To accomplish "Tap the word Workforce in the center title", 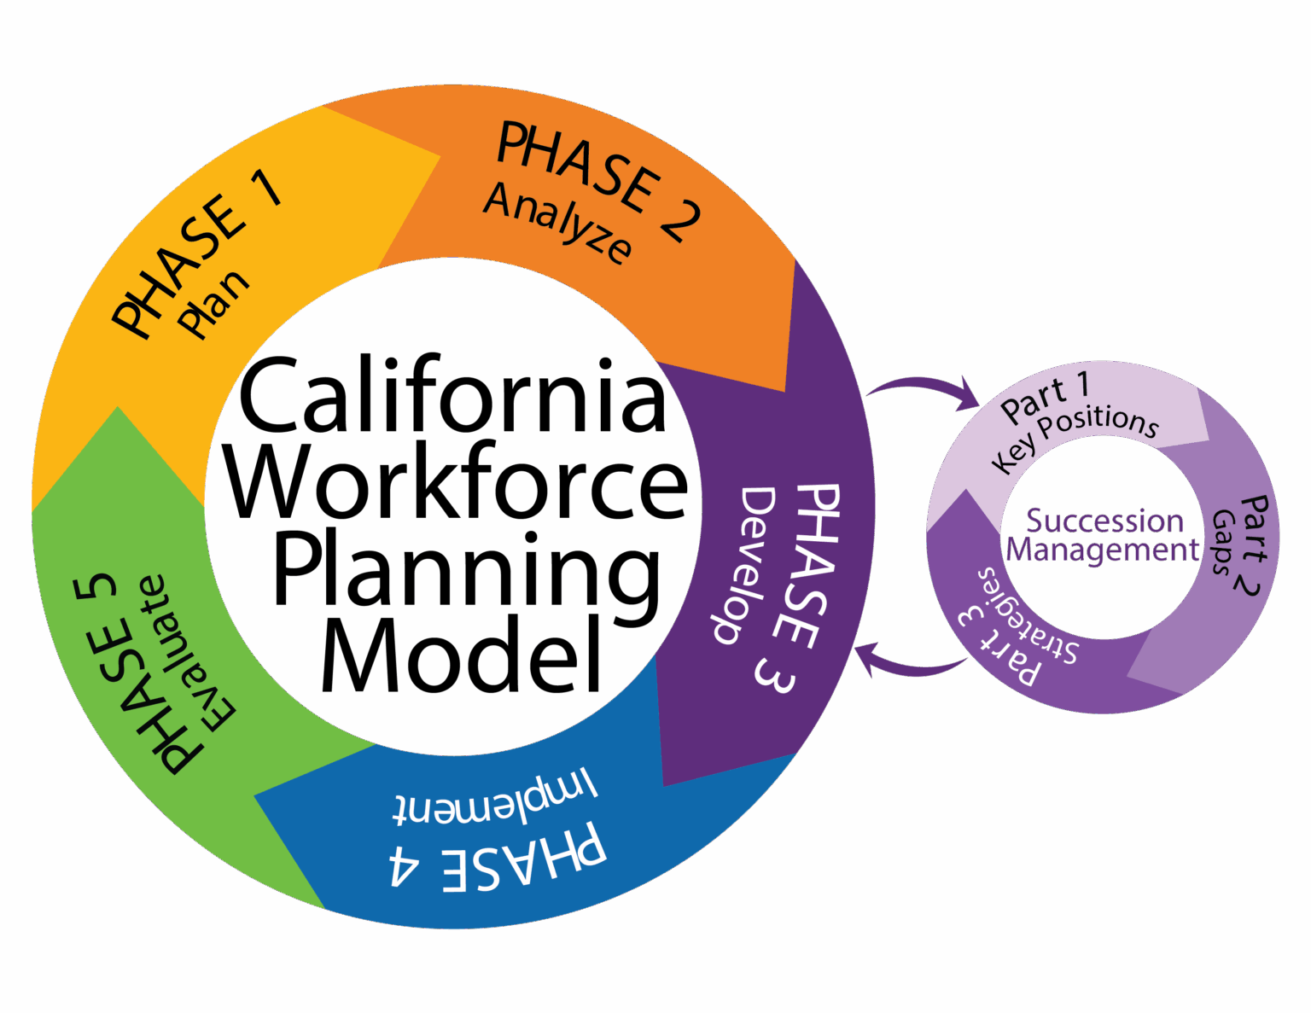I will click(x=457, y=482).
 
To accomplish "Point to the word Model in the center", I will click(x=462, y=655).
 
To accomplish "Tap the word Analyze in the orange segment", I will click(x=558, y=224).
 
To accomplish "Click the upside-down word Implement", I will click(x=495, y=799).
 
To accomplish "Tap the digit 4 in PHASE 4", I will click(x=406, y=865).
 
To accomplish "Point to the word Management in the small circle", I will click(x=1104, y=550).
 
